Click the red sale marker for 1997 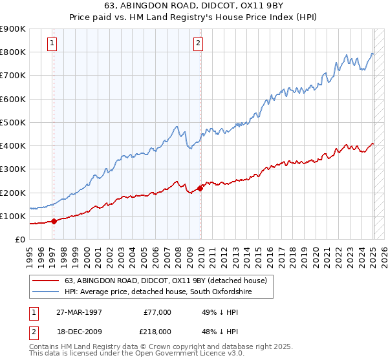54,221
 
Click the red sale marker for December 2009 200,188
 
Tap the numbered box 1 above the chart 52,44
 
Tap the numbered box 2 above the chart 198,44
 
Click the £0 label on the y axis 19,240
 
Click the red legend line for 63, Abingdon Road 46,281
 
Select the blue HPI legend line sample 46,292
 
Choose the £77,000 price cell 157,312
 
